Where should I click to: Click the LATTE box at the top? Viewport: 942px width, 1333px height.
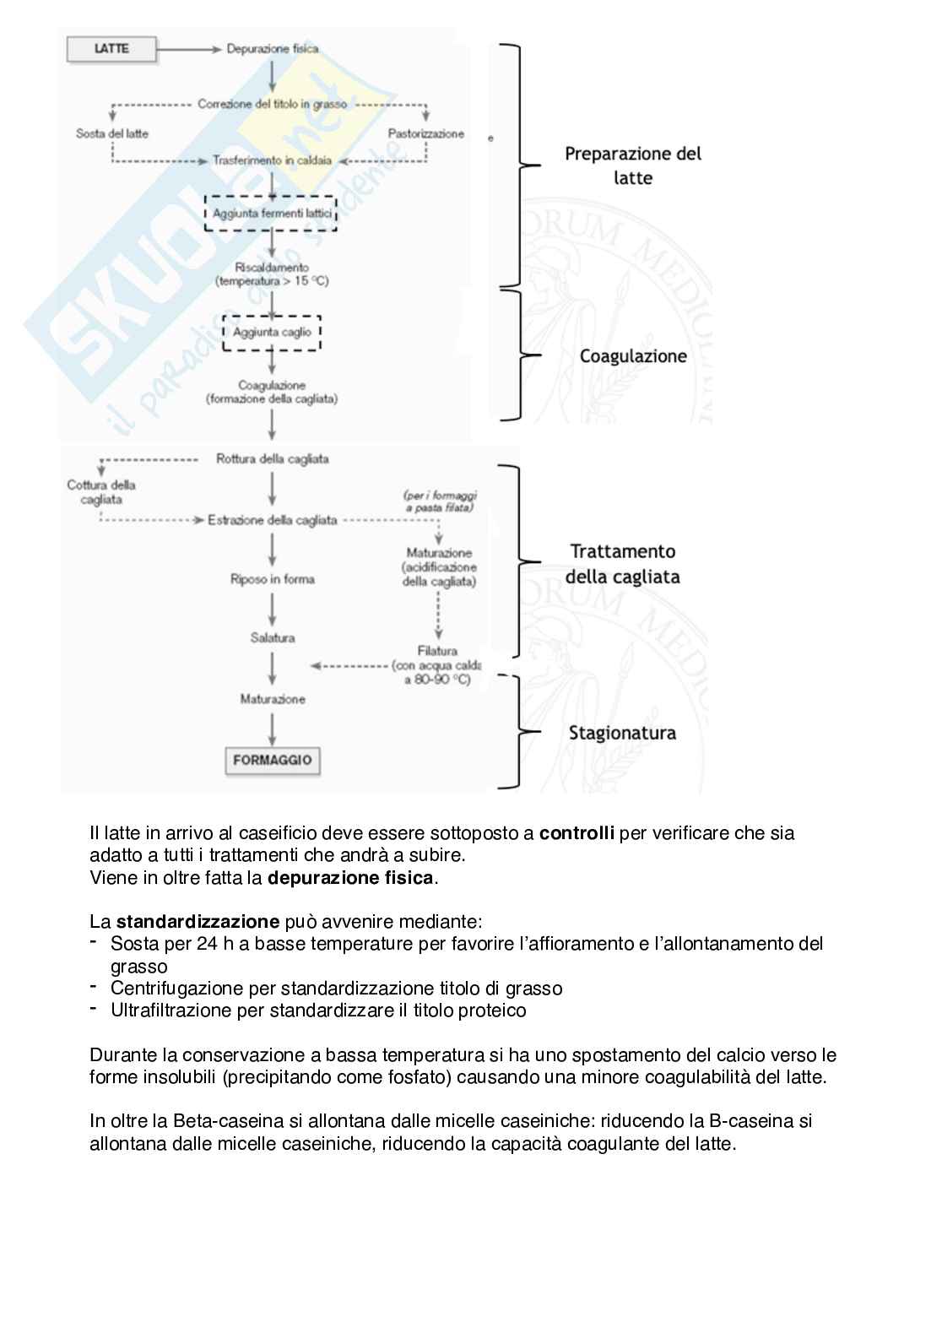(111, 49)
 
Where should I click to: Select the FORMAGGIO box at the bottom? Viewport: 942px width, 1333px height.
(273, 760)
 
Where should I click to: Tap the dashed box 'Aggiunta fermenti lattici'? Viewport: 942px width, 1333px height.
(272, 214)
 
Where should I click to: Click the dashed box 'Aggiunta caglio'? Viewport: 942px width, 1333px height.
(272, 333)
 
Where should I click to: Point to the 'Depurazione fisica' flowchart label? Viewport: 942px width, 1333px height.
(273, 49)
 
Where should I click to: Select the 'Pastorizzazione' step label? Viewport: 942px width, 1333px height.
(425, 133)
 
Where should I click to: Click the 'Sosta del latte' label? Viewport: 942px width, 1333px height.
(112, 133)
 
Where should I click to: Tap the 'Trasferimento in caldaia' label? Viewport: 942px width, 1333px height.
(273, 160)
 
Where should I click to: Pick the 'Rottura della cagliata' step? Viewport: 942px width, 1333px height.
(273, 459)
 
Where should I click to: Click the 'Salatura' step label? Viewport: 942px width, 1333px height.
(273, 638)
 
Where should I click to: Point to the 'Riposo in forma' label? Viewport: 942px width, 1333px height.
(273, 579)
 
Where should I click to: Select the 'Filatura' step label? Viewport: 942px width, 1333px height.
(437, 651)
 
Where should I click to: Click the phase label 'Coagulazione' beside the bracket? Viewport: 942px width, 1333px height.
(633, 356)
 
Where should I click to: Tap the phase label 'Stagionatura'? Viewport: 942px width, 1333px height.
(622, 733)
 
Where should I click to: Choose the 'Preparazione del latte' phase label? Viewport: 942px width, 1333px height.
(633, 165)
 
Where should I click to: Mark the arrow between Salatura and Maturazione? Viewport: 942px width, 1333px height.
(273, 669)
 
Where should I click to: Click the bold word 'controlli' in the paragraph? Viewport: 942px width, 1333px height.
(577, 833)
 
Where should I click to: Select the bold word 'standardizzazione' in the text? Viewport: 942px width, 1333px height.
(198, 921)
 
